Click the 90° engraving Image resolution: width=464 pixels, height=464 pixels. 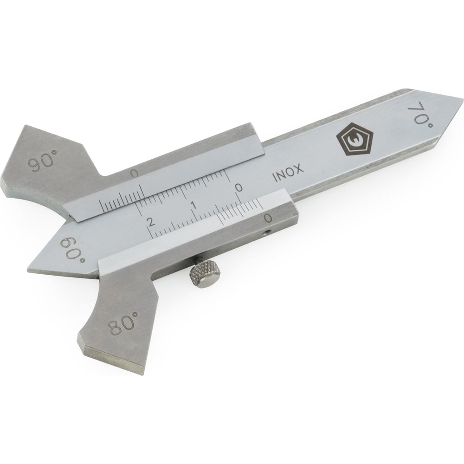click(42, 161)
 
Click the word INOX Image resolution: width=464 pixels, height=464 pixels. click(288, 173)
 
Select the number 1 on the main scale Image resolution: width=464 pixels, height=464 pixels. click(194, 205)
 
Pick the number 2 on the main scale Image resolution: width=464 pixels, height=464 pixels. click(151, 221)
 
